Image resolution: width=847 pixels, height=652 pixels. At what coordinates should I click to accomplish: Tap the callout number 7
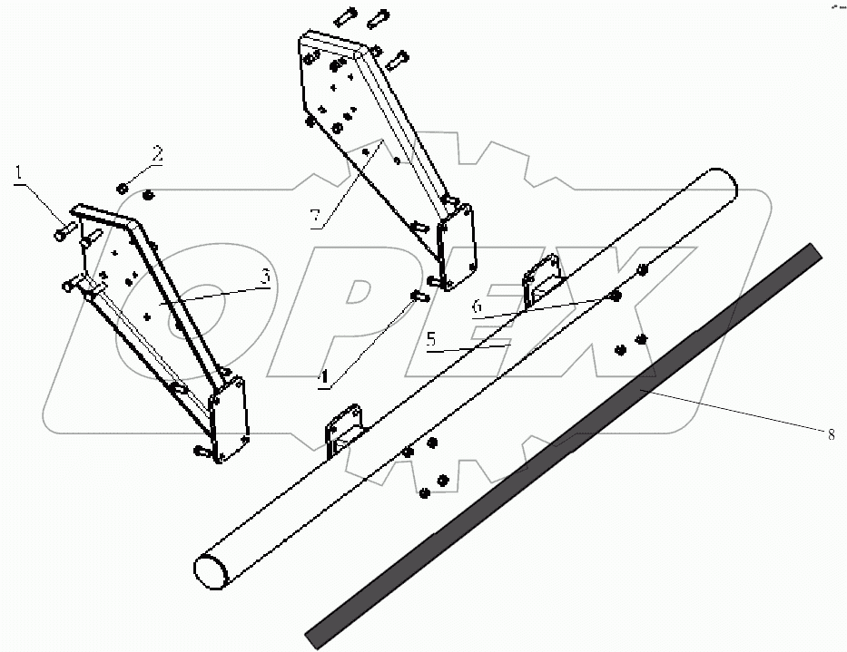coord(315,216)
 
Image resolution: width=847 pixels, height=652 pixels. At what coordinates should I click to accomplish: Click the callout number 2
coord(157,152)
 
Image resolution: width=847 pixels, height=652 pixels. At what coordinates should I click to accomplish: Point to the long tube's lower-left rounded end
coord(210,573)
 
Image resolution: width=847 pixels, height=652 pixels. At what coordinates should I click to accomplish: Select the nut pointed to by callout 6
coord(616,296)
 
